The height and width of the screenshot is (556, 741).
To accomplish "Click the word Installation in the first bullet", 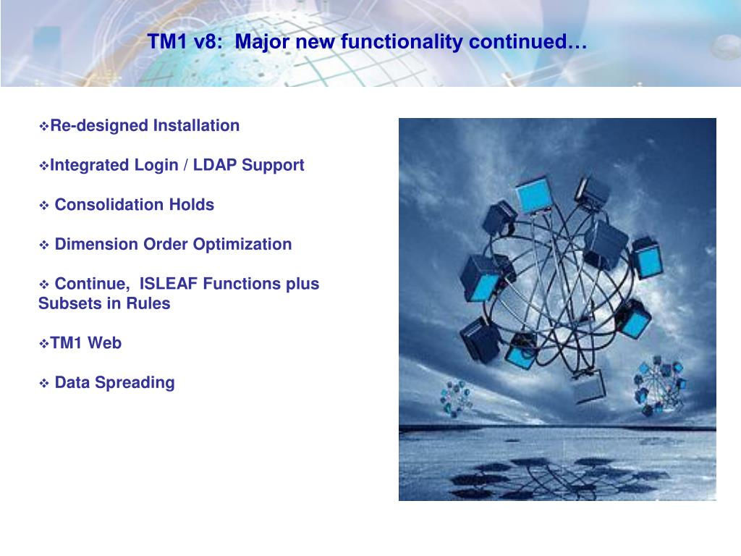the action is (x=196, y=126).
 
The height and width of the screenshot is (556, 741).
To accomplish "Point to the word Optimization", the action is (x=242, y=245).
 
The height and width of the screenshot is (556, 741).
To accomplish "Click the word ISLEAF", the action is (x=168, y=284).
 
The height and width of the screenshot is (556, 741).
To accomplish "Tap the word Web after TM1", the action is (x=104, y=342).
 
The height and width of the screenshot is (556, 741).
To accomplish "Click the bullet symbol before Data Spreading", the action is (x=44, y=383).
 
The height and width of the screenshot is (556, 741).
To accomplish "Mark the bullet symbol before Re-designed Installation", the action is (x=44, y=126).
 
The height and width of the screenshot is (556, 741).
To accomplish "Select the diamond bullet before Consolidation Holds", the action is (x=44, y=205).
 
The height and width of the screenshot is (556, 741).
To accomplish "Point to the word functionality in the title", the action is (x=402, y=41).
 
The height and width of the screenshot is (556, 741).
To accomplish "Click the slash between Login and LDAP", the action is (x=186, y=165).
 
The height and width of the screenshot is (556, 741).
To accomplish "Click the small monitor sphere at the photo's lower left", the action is (x=456, y=399).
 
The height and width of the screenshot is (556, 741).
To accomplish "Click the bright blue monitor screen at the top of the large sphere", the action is (x=534, y=195).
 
